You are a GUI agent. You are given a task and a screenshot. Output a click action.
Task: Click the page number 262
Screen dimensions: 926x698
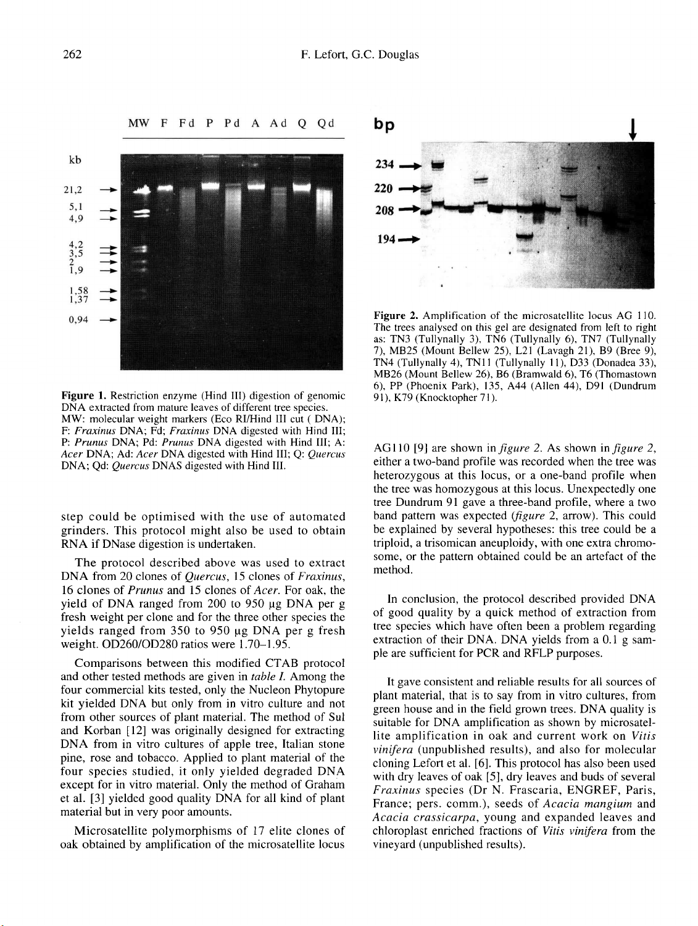click(x=72, y=55)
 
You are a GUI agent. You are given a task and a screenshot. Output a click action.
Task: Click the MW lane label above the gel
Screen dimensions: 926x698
click(x=139, y=123)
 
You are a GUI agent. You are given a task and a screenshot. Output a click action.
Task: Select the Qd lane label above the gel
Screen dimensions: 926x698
click(x=326, y=123)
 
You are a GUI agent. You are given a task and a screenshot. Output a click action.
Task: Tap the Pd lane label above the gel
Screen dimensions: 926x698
click(x=233, y=123)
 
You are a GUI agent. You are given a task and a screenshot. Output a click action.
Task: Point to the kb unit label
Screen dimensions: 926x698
click(x=75, y=160)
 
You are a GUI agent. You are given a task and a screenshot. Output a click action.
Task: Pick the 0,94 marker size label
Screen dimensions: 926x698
click(x=78, y=320)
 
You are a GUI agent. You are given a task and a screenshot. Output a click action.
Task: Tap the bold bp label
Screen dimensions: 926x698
click(x=384, y=125)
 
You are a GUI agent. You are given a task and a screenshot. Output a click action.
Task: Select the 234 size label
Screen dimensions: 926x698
click(x=385, y=165)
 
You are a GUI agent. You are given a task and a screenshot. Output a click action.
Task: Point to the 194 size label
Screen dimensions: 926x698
click(x=385, y=239)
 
